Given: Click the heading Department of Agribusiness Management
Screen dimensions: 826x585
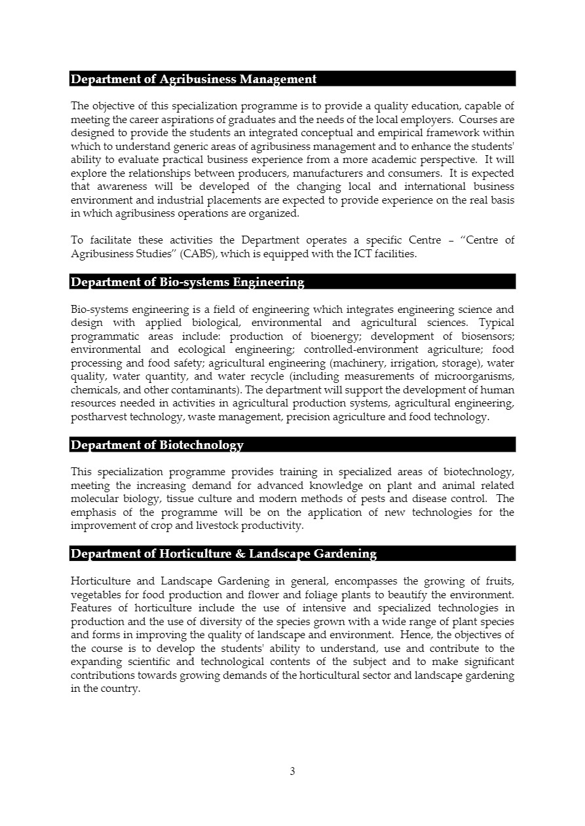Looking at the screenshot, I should point(193,79).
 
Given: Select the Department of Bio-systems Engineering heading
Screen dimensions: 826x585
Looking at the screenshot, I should point(187,282).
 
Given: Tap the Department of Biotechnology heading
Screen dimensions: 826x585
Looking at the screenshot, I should point(157,445).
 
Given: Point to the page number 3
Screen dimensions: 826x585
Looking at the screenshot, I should point(292,771).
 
